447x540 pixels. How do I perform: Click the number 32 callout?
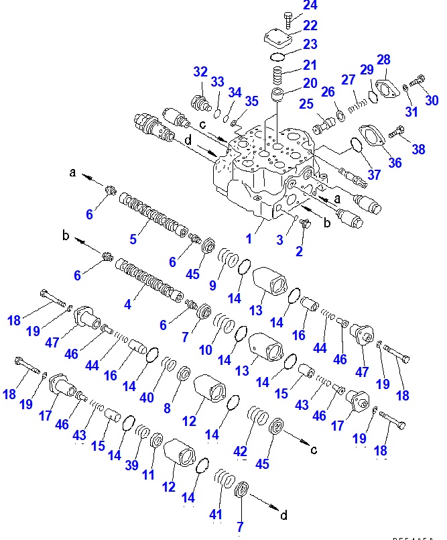[201, 72]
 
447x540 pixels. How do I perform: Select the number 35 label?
[251, 102]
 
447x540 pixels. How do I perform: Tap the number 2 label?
[300, 252]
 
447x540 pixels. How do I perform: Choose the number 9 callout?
[212, 284]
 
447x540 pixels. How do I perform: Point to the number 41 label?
[216, 514]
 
